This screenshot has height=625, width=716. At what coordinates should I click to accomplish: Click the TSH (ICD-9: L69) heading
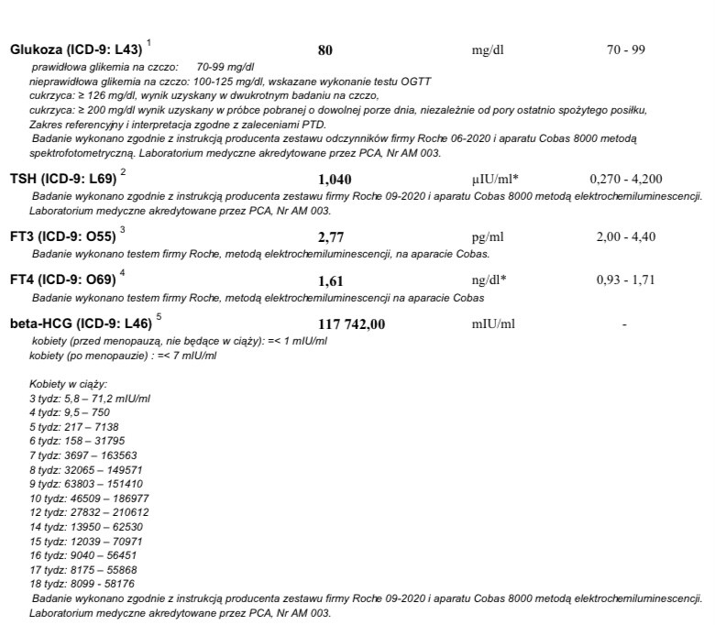click(62, 178)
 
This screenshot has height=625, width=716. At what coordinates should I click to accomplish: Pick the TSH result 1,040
click(334, 179)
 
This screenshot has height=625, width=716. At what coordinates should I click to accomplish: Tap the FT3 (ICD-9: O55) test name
click(62, 236)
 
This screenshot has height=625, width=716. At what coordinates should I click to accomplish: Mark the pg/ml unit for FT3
click(488, 236)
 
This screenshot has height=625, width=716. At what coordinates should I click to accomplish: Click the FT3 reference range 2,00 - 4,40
click(626, 236)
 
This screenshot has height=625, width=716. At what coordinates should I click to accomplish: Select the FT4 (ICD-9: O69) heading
click(62, 280)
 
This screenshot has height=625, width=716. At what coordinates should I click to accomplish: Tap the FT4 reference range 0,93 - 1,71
click(626, 280)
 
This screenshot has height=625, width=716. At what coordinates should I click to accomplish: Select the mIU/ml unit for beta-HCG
click(492, 323)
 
